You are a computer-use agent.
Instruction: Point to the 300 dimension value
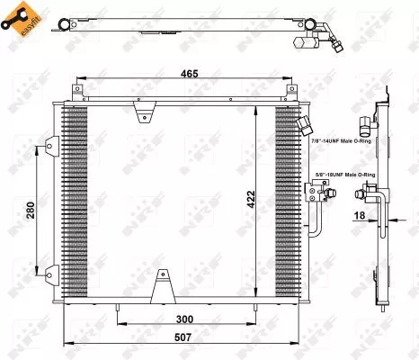[x=184, y=319]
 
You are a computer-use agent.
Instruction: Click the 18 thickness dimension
[x=360, y=215]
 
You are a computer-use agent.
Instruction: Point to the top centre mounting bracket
[x=141, y=112]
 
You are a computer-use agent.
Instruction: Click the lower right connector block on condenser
[x=317, y=190]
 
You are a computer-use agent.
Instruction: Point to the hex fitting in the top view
[x=314, y=40]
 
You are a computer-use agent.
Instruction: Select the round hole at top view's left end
[x=61, y=23]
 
